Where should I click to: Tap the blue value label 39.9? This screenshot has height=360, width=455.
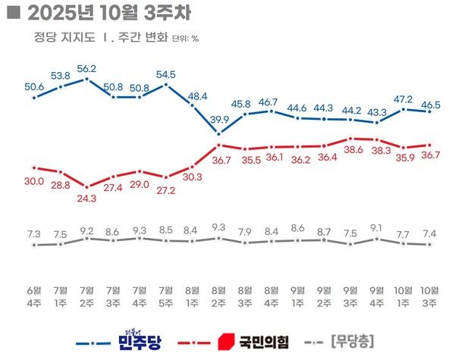tap(218, 121)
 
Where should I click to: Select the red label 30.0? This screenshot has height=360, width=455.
tap(34, 180)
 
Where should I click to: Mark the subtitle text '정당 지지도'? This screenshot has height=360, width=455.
tap(56, 36)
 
